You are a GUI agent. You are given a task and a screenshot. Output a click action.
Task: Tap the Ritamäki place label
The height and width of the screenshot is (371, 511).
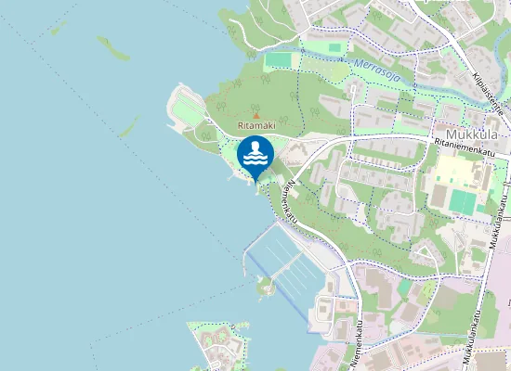point(255,125)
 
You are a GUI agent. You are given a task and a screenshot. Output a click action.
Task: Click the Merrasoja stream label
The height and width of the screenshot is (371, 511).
point(376,72)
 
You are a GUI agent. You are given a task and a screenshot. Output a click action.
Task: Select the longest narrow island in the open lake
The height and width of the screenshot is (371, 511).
point(112,48)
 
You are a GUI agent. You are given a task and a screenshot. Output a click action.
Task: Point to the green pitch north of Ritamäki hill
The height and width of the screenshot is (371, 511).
point(278,60)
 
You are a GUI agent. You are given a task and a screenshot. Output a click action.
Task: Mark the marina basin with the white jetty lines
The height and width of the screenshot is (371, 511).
point(288,264)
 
